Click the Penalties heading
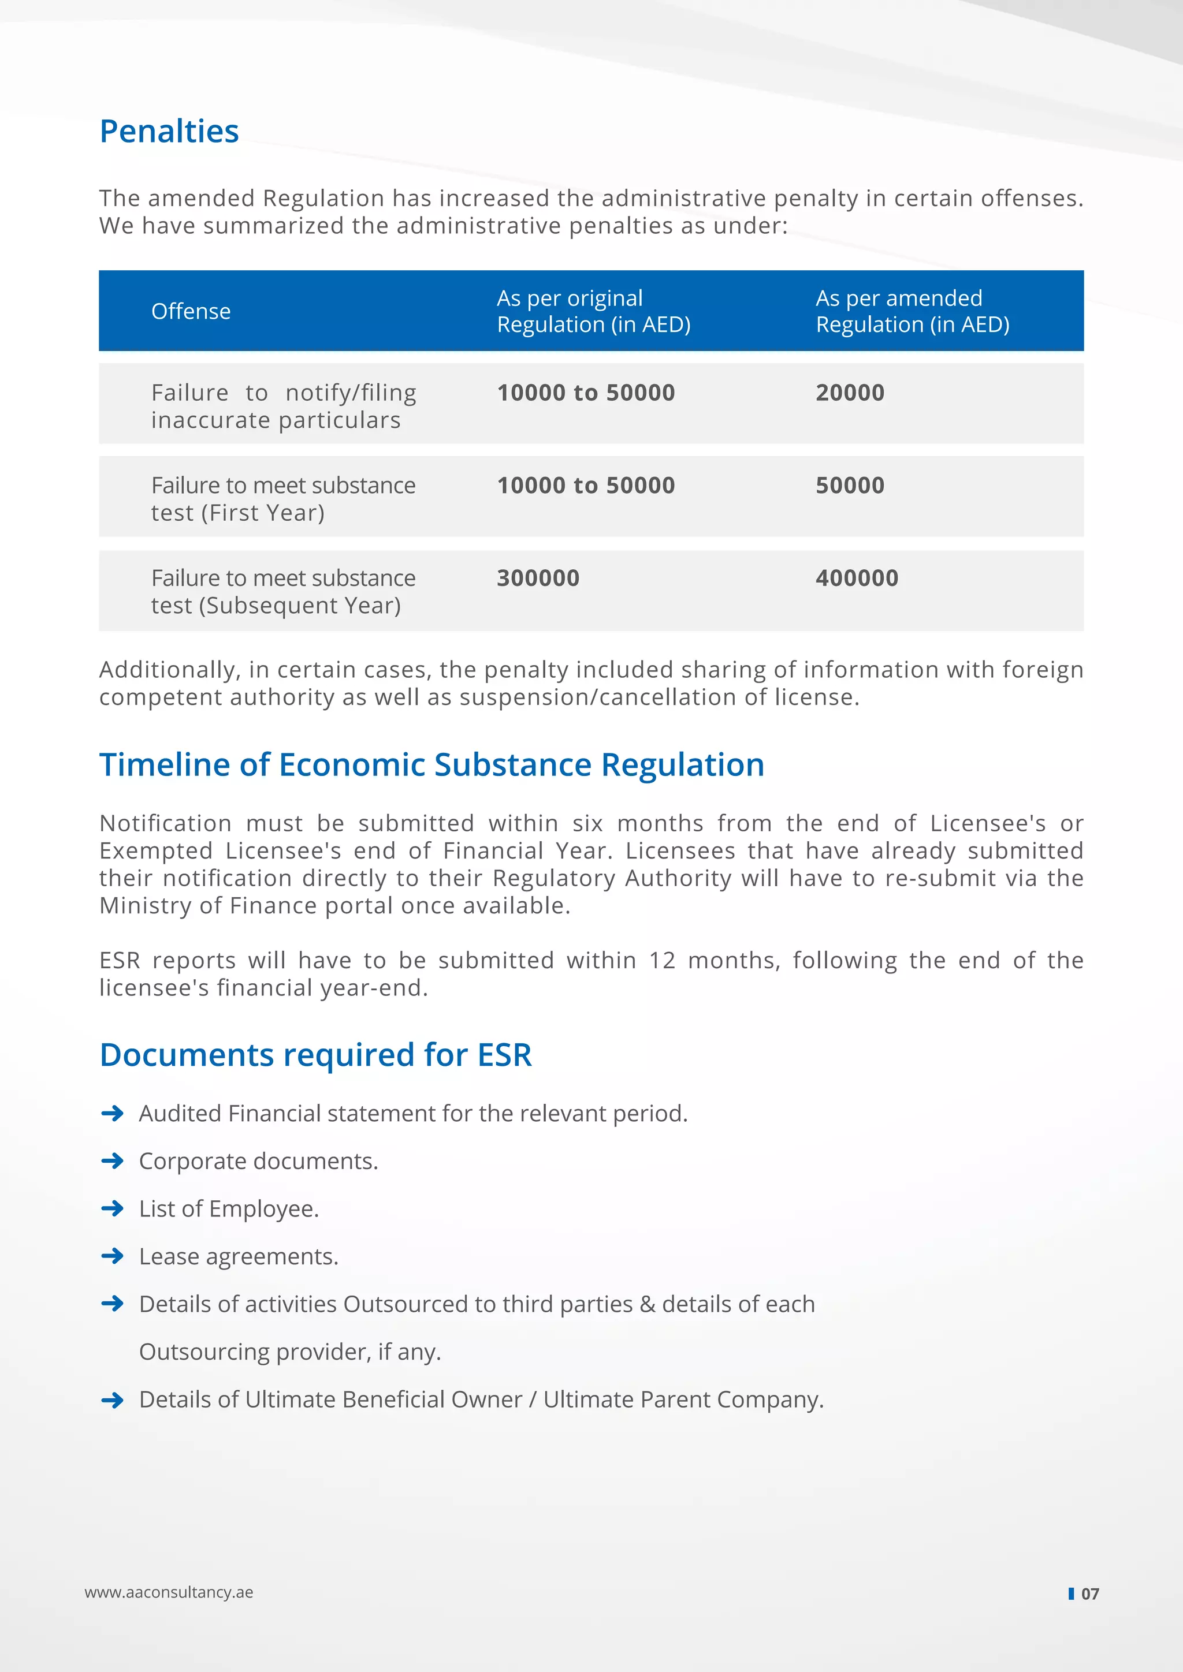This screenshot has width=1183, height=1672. point(169,132)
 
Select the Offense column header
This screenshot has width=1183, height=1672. point(191,312)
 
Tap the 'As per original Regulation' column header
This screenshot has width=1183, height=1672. point(593,311)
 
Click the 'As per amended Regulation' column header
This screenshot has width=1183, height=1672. point(912,311)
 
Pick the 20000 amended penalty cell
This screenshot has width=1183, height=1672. point(849,393)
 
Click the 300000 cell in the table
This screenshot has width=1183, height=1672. point(538,578)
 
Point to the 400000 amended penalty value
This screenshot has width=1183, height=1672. point(857,578)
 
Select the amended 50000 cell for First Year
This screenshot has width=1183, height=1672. point(849,486)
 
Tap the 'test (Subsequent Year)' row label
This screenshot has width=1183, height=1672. point(276,606)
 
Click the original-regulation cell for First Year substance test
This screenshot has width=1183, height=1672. point(586,486)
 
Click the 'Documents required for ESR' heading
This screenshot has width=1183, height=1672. point(315,1055)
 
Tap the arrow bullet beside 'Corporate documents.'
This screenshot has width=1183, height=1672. point(112,1161)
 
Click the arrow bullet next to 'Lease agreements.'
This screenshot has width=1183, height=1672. point(112,1256)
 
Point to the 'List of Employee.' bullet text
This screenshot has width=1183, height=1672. point(229,1209)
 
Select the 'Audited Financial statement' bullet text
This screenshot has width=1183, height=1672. point(413,1114)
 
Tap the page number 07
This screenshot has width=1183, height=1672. point(1089,1593)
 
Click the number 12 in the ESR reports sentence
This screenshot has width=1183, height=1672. point(662,961)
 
